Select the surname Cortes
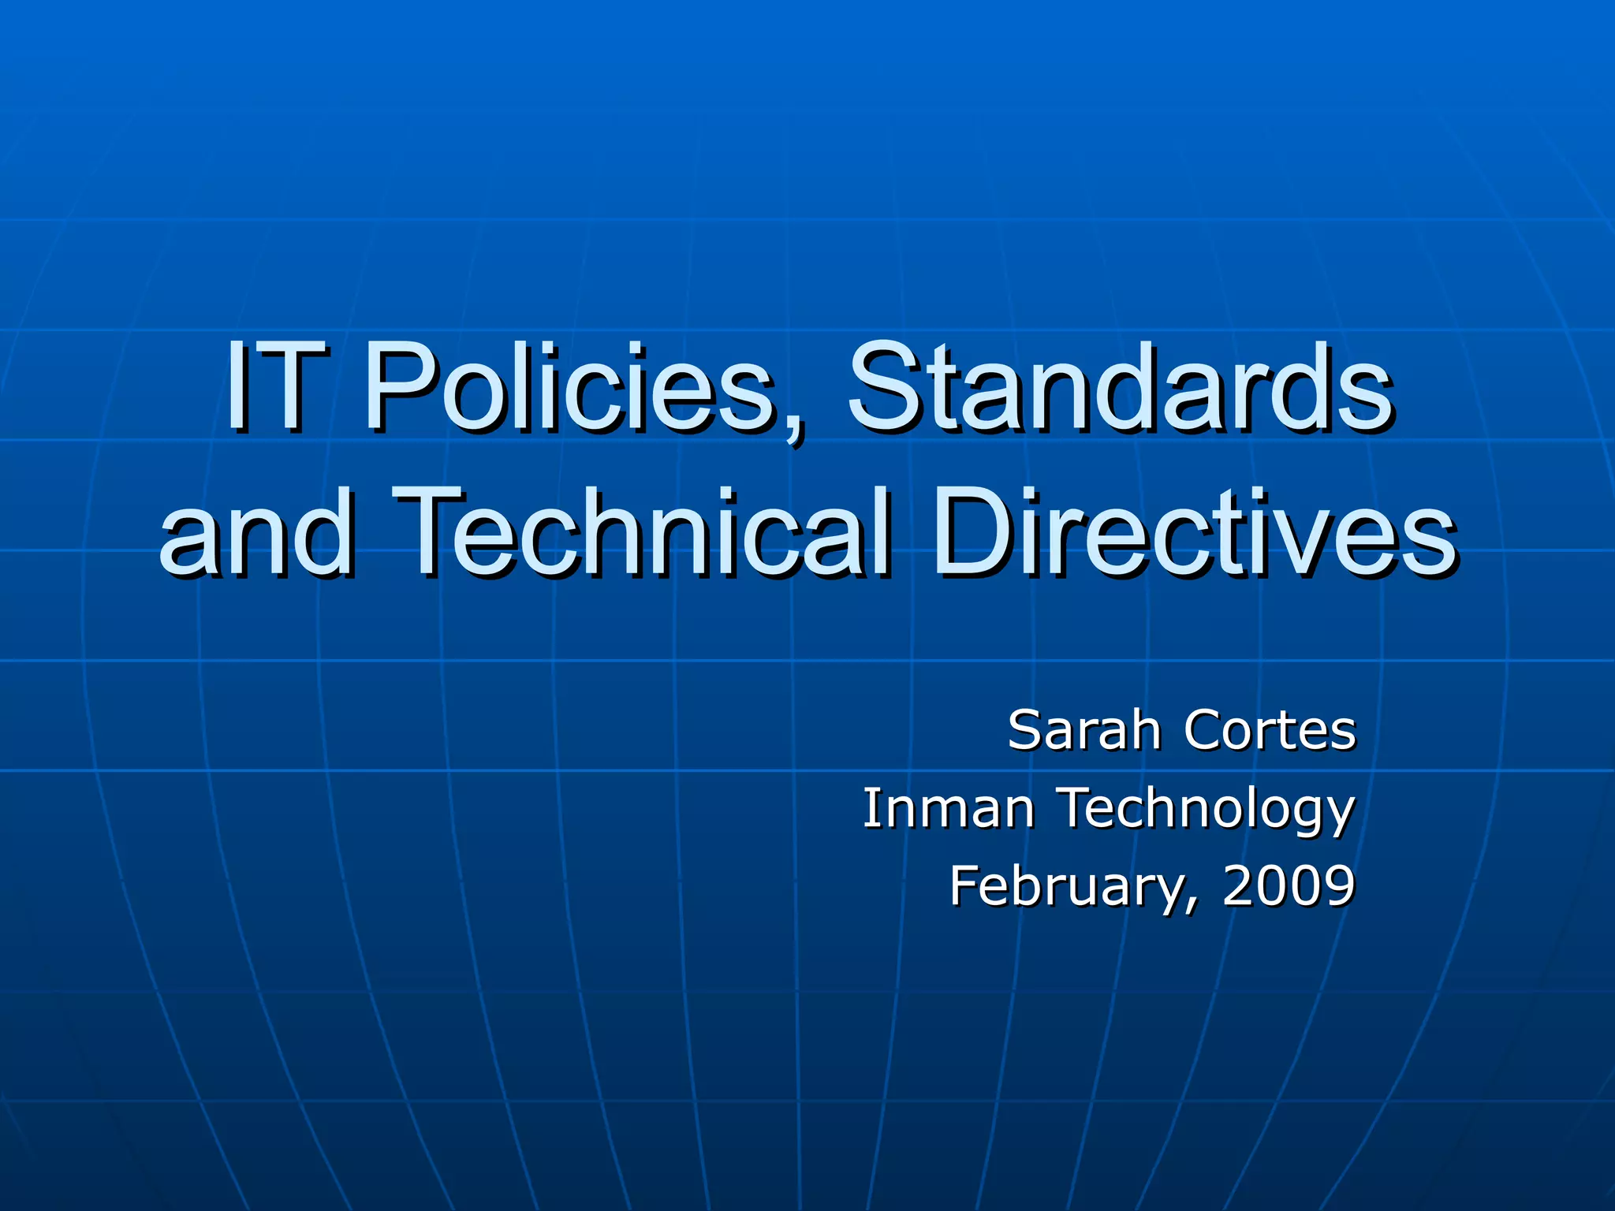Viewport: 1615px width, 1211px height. pyautogui.click(x=1269, y=730)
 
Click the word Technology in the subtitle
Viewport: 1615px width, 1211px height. pyautogui.click(x=1207, y=810)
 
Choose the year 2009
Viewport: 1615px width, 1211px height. pyautogui.click(x=1289, y=885)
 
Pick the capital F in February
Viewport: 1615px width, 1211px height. pyautogui.click(x=965, y=885)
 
